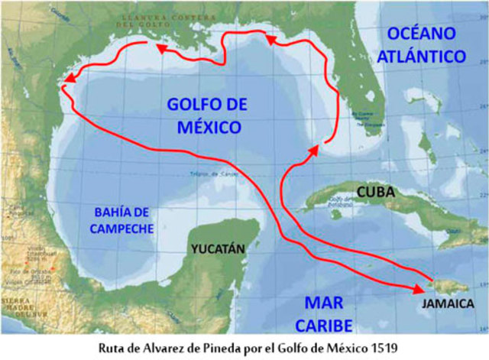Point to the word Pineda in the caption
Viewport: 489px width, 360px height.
229,349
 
